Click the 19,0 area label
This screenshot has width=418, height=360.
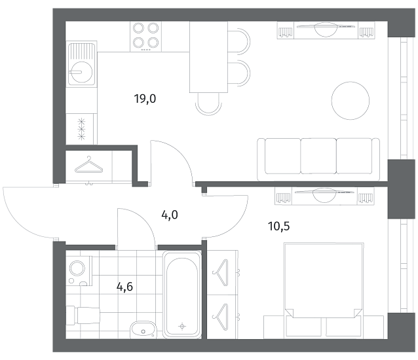pyautogui.click(x=145, y=99)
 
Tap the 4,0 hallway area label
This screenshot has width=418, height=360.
pyautogui.click(x=170, y=215)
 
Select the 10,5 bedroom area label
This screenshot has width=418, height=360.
pyautogui.click(x=278, y=226)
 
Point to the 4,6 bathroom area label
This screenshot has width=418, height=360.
pyautogui.click(x=124, y=287)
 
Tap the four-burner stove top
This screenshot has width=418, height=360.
pyautogui.click(x=146, y=37)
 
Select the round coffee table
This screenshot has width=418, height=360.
pyautogui.click(x=351, y=100)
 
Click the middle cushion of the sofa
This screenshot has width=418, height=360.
pyautogui.click(x=318, y=156)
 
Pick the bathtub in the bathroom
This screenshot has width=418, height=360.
pyautogui.click(x=182, y=295)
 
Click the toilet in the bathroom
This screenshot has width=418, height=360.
pyautogui.click(x=83, y=315)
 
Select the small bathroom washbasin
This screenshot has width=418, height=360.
pyautogui.click(x=143, y=329)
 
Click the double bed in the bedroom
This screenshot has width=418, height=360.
pyautogui.click(x=324, y=289)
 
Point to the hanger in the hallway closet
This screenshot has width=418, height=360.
pyautogui.click(x=88, y=165)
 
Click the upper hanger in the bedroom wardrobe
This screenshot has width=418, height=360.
pyautogui.click(x=221, y=272)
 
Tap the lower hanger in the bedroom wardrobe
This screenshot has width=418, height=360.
pyautogui.click(x=221, y=317)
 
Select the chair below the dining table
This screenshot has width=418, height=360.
pyautogui.click(x=208, y=104)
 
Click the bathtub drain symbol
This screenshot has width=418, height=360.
pyautogui.click(x=182, y=326)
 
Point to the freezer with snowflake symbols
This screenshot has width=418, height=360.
pyautogui.click(x=81, y=129)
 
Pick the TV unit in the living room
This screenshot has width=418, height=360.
pyautogui.click(x=326, y=30)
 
